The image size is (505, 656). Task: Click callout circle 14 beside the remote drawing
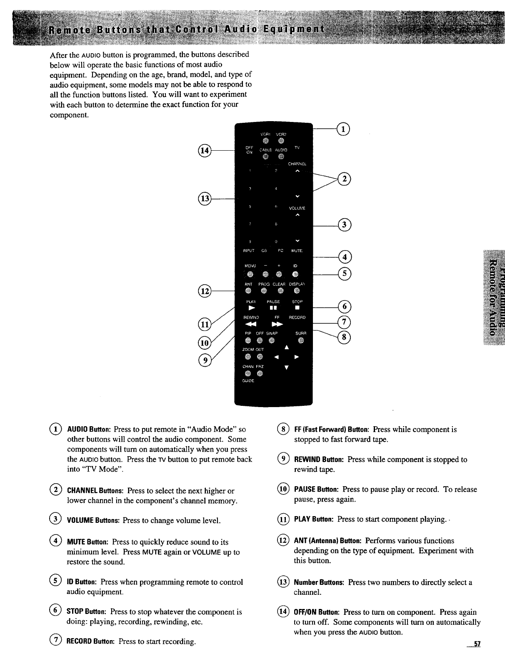click(x=205, y=150)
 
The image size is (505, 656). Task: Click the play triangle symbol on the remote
click(x=251, y=308)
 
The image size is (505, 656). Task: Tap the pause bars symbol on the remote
click(x=273, y=308)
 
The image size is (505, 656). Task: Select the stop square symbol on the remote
click(x=297, y=308)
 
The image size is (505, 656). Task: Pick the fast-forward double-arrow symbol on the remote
click(x=277, y=324)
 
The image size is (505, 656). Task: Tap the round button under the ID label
click(x=295, y=273)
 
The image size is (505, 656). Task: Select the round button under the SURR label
click(x=300, y=341)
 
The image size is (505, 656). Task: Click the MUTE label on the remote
click(x=297, y=251)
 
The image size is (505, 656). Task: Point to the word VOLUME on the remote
click(x=297, y=208)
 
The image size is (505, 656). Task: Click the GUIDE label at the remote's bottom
click(x=248, y=380)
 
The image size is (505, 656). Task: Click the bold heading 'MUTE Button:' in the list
click(x=88, y=542)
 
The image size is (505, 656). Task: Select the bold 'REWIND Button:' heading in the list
click(x=319, y=460)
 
